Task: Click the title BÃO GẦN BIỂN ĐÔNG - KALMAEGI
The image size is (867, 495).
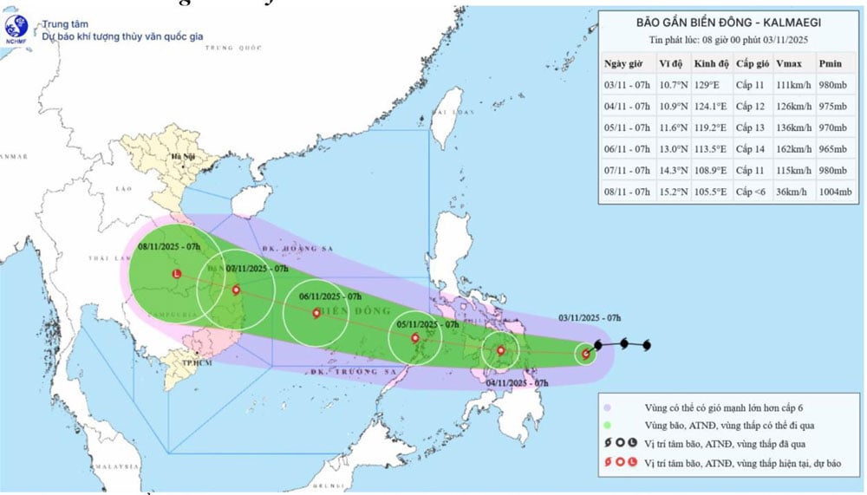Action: [727, 23]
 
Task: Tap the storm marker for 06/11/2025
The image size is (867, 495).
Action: [315, 313]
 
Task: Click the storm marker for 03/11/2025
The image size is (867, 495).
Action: [586, 354]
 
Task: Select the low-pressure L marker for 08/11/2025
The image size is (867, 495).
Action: [177, 274]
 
